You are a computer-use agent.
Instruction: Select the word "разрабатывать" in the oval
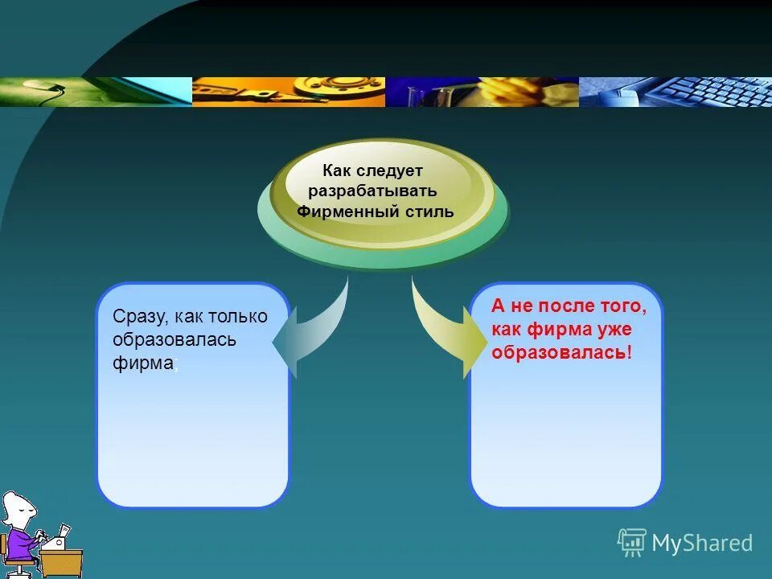click(372, 191)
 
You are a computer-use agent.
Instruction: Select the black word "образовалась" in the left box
click(175, 339)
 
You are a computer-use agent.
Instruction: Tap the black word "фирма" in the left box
click(143, 363)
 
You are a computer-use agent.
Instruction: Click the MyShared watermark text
click(701, 544)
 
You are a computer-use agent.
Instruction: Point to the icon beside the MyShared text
click(632, 542)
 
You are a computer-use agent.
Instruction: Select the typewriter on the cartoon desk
click(55, 540)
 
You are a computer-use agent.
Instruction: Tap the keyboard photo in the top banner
click(692, 92)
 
